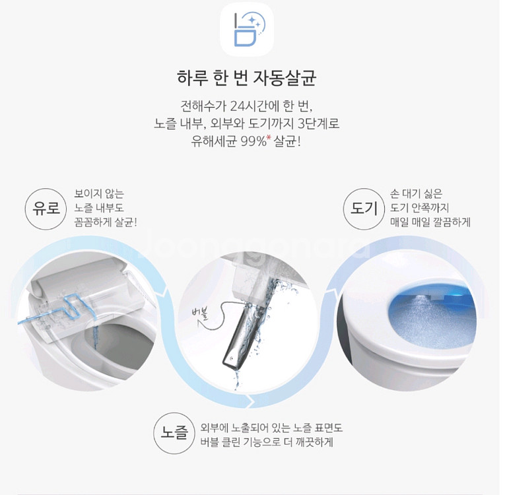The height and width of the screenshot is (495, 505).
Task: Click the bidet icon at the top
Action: [x=246, y=30]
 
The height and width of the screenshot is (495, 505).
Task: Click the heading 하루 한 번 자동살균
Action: [x=247, y=79]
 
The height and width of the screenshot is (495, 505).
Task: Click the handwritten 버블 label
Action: [x=199, y=312]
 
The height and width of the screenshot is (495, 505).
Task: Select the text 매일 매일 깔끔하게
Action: [x=430, y=222]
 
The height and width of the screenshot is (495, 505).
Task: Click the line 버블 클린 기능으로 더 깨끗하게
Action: [x=267, y=442]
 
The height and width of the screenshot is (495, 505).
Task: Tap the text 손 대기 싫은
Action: [x=417, y=193]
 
